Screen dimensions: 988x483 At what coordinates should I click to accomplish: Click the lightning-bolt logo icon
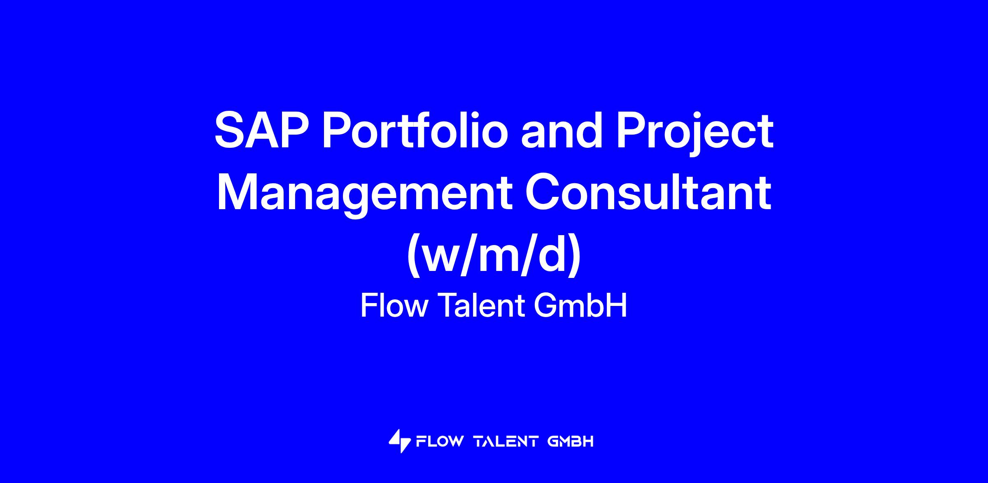click(399, 441)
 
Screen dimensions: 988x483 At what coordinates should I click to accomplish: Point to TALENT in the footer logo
click(506, 442)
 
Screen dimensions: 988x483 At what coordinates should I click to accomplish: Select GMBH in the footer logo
click(571, 442)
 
